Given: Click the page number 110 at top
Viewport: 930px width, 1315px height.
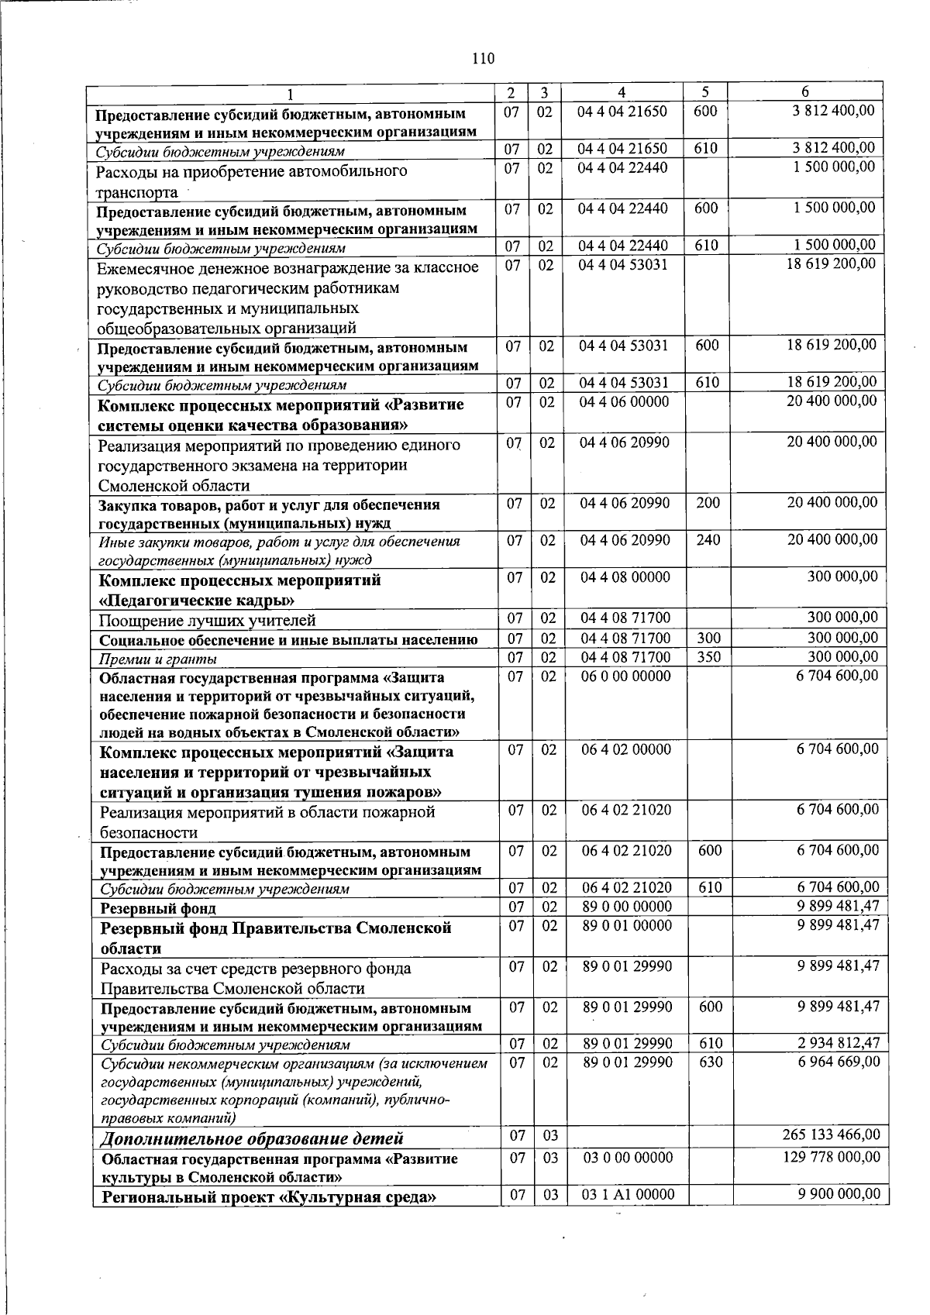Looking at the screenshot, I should click(482, 59).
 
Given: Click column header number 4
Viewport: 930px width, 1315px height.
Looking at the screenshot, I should click(622, 92).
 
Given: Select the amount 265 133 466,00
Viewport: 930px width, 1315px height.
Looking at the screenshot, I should click(832, 1134).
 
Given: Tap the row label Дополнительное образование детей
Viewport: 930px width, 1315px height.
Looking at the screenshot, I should click(252, 1138).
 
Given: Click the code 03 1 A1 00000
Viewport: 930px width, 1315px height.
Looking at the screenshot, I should click(628, 1195).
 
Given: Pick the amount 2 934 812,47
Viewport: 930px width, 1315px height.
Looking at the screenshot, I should click(839, 1043).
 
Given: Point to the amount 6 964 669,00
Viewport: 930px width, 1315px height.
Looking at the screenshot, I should click(839, 1061).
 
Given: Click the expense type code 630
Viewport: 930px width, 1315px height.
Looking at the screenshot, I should click(711, 1062).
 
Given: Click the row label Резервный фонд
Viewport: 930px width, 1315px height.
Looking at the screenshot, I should click(158, 908).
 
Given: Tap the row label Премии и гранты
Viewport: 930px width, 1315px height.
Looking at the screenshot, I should click(158, 659).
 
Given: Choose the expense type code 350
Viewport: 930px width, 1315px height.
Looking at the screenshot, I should click(708, 657).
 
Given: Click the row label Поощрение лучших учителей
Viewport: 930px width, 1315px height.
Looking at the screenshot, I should click(207, 620).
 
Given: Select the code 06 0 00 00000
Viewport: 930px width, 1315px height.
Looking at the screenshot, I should click(626, 676).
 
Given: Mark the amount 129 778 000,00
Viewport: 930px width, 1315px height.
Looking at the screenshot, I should click(832, 1157).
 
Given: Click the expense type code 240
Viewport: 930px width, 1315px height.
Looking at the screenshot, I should click(708, 539).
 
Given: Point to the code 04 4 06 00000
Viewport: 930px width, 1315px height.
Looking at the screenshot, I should click(625, 401).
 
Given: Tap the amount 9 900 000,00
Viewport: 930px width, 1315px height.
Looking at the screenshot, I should click(839, 1194).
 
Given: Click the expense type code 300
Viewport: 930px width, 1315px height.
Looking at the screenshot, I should click(708, 639).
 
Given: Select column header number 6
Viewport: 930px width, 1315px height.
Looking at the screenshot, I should click(806, 92).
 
